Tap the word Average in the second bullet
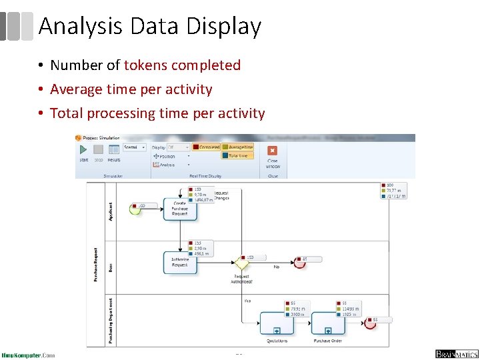pos(76,89)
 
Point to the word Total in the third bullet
pos(66,113)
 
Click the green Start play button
pos(84,151)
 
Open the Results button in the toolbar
pos(114,151)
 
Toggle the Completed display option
pos(206,147)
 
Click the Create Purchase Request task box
pos(180,209)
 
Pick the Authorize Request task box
pos(180,262)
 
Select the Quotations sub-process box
pos(276,323)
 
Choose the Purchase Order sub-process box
pos(327,323)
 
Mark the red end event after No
pos(299,263)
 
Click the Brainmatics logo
pos(456,354)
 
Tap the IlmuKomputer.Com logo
pos(28,355)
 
